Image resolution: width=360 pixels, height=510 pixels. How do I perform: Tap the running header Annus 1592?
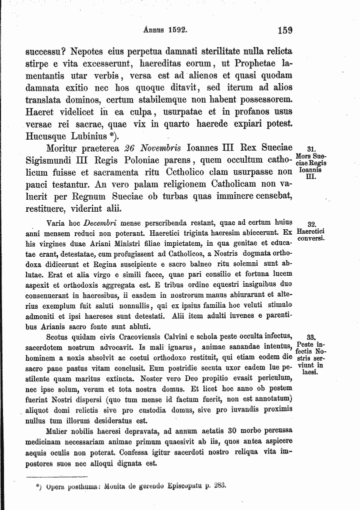[x=165, y=30]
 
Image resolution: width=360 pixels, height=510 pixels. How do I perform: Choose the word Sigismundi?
[x=52, y=161]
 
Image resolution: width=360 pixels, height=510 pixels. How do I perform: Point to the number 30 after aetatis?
[x=231, y=430]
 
